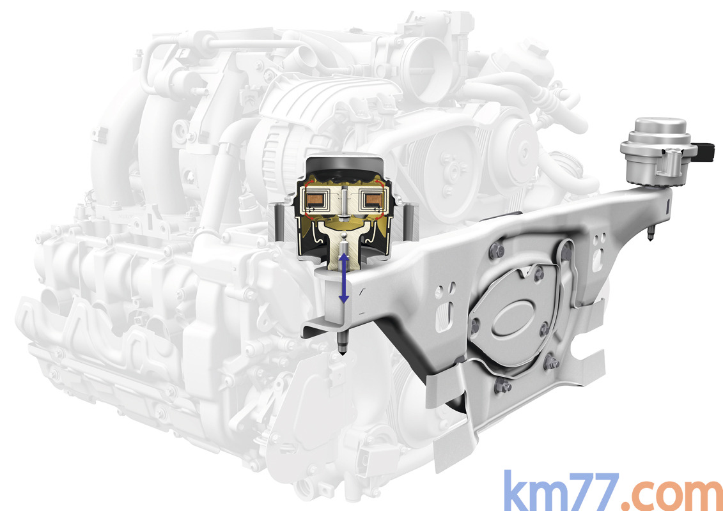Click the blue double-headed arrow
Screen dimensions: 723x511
(x=343, y=278)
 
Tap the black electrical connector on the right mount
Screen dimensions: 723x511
(x=706, y=150)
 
